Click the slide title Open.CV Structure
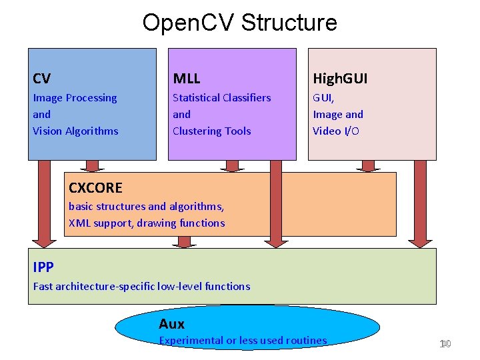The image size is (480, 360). pos(239,23)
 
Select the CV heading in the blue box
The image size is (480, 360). pos(41,79)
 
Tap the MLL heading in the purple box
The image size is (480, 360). pos(186,79)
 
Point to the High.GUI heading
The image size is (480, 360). pos(340,79)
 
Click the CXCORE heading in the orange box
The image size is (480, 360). pos(95,188)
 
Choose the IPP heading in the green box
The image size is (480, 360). pos(43,267)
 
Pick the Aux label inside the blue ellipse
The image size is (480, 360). pos(171,324)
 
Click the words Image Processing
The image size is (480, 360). pos(75,98)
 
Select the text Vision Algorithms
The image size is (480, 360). pos(75,131)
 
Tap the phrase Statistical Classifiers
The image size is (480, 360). pos(221,98)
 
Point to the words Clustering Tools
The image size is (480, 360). pos(211,131)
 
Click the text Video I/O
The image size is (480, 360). pos(336,131)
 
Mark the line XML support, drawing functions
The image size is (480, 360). pos(147,223)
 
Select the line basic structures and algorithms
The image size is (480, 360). pos(146,207)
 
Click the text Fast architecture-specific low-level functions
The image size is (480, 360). pos(141,287)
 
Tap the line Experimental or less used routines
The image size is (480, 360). pos(243,341)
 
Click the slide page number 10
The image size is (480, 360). pos(445,344)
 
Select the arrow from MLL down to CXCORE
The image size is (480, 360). pos(232,166)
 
